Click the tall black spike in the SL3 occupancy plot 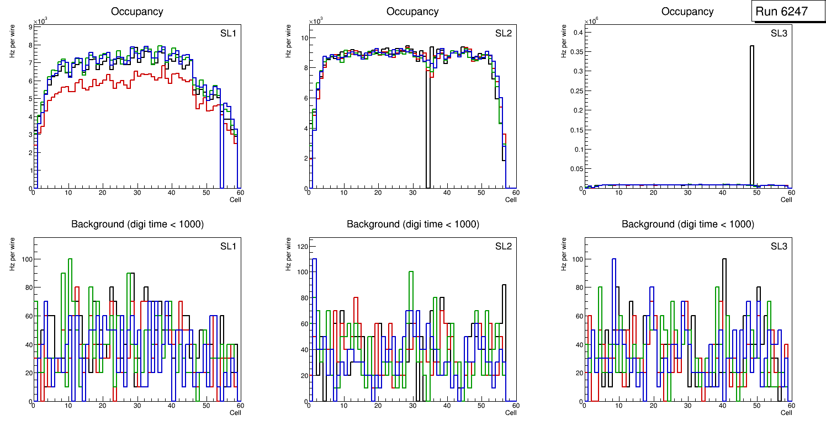coord(752,110)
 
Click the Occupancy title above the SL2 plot coord(412,12)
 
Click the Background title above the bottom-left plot coord(137,224)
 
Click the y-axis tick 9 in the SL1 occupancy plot coord(30,26)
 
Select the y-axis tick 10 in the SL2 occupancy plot coord(303,38)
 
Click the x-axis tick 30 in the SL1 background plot coord(137,406)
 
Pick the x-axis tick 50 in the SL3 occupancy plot coord(756,193)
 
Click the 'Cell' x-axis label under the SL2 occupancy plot coord(511,200)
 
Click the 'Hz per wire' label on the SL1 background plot coord(12,254)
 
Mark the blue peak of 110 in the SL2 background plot coord(314,259)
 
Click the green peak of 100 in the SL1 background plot coord(70,259)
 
